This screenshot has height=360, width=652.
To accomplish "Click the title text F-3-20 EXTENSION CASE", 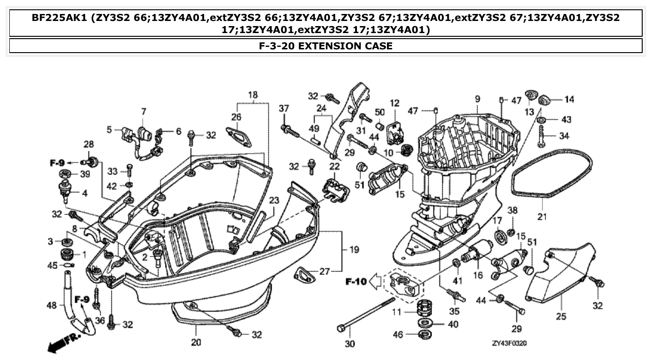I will (325, 46).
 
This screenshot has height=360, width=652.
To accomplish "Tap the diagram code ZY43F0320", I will (509, 343).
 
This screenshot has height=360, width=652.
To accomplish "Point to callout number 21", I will (542, 217).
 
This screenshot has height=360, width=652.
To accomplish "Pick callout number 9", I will (477, 99).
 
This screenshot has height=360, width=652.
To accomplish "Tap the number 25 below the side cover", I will (561, 316).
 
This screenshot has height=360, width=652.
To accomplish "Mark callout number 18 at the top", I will (252, 95).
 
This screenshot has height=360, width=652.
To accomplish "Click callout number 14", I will (569, 99).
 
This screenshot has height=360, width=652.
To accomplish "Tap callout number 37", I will (284, 109).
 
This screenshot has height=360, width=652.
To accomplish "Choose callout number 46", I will (397, 334).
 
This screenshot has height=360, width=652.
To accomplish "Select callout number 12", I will (395, 103).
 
